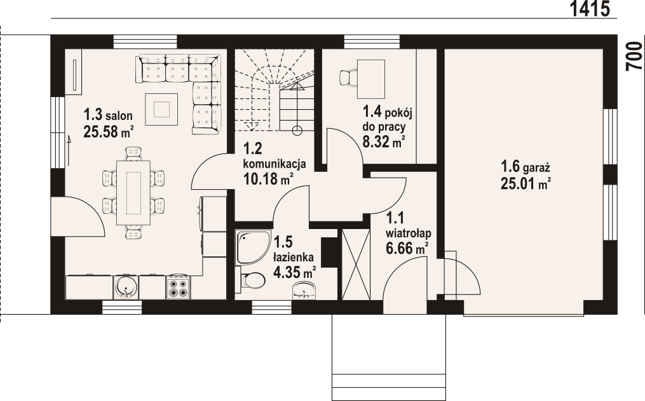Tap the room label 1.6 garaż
click(525, 167)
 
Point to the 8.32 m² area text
click(384, 141)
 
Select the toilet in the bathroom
click(252, 280)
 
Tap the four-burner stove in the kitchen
click(177, 287)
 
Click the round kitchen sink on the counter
click(126, 287)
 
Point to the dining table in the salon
click(133, 192)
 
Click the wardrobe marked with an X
click(355, 264)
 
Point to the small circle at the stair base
click(296, 131)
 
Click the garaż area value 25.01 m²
click(525, 184)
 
